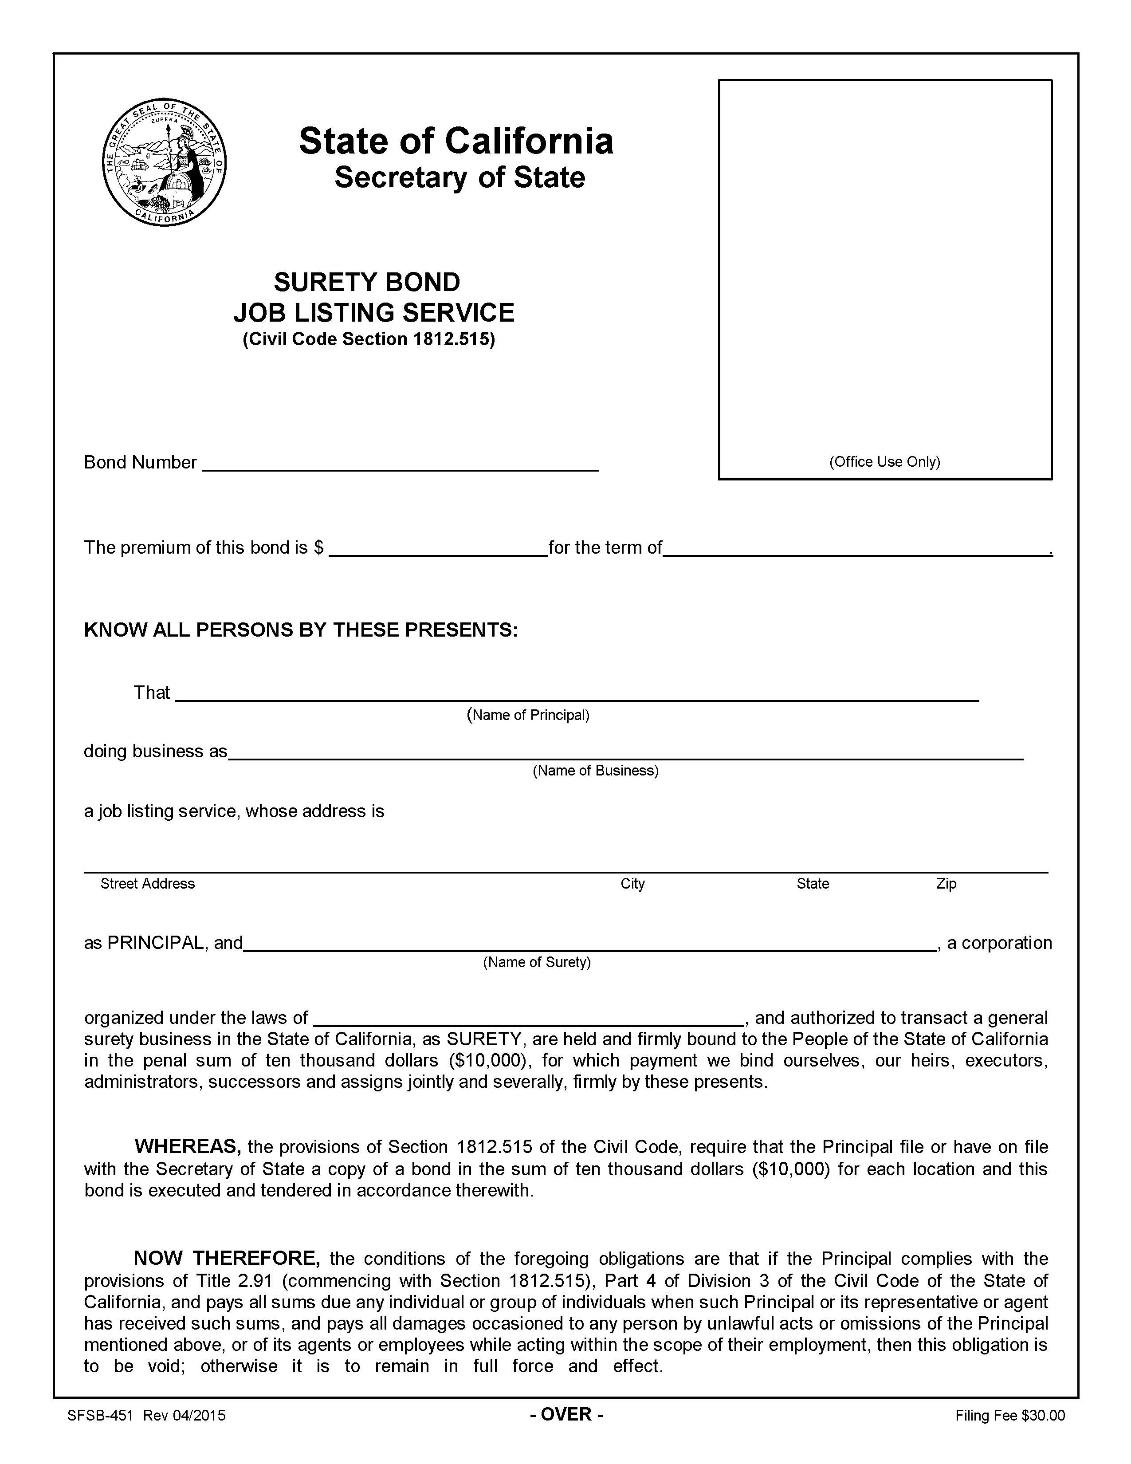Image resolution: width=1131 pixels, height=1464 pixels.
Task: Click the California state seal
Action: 164,164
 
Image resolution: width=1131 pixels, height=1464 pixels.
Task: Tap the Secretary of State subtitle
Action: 459,177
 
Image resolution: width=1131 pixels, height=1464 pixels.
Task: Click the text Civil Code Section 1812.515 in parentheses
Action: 369,339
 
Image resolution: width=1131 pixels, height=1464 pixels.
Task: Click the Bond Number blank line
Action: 400,464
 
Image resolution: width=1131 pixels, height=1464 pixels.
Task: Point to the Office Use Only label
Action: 884,462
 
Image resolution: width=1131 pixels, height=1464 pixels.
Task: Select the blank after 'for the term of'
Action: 856,549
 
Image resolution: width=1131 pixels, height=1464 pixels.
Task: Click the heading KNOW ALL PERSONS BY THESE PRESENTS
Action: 301,630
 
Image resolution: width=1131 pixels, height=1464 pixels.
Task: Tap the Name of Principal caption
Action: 528,715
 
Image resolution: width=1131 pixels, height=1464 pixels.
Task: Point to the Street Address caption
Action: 147,883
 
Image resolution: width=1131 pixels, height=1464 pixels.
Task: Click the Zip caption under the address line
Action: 946,883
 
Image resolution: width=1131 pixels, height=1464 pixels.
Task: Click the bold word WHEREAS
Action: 188,1147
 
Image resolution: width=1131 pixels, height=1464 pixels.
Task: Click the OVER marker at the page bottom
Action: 567,1414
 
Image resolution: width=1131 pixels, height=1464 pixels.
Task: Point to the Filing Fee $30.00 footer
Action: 1010,1416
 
